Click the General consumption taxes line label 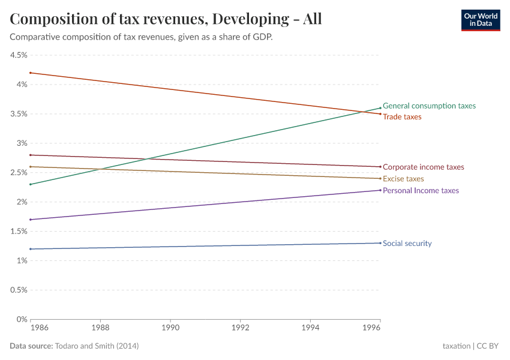[x=429, y=106]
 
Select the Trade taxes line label [x=402, y=117]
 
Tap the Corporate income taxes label [x=423, y=167]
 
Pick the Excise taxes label [x=403, y=179]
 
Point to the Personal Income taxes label [x=421, y=191]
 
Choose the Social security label [x=407, y=244]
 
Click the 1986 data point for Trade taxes [x=31, y=73]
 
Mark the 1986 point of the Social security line [x=31, y=249]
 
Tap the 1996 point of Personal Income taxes [x=380, y=190]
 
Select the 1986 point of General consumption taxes [x=31, y=184]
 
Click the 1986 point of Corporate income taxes [x=31, y=155]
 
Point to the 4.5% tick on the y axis [x=18, y=55]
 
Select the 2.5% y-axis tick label [x=18, y=173]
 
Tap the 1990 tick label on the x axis [x=170, y=329]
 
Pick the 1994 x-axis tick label [x=310, y=329]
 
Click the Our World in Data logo [x=480, y=20]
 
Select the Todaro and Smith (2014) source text [x=97, y=346]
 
